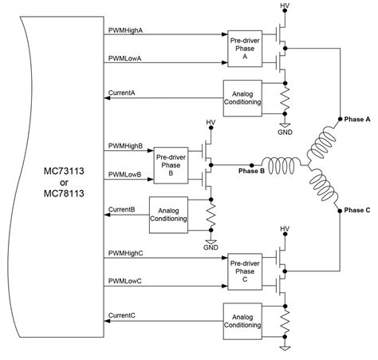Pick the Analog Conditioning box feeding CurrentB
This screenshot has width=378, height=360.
pyautogui.click(x=168, y=209)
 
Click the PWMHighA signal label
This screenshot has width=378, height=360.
pyautogui.click(x=125, y=30)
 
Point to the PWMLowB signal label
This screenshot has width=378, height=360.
pyautogui.click(x=124, y=175)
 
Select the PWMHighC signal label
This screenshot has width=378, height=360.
pyautogui.click(x=125, y=254)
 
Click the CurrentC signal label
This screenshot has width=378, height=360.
pyautogui.click(x=121, y=316)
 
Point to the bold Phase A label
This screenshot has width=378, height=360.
pyautogui.click(x=356, y=118)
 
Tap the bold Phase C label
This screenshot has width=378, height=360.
pyautogui.click(x=356, y=212)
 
